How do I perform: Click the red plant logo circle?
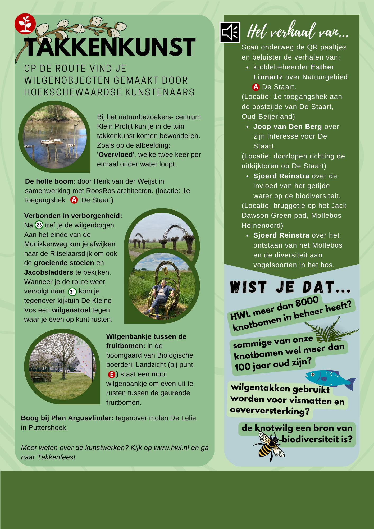pos(25,24)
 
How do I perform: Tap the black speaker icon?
pos(230,32)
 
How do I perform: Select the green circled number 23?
pos(39,225)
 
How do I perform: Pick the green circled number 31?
pos(72,292)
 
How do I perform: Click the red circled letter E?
pos(112,375)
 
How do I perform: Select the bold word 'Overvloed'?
pos(116,155)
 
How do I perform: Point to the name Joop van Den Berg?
pos(288,127)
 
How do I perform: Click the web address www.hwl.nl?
pos(171,448)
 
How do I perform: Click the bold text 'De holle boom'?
pos(49,181)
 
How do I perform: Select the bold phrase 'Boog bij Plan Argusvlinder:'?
pos(67,418)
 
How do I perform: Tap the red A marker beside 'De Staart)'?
pos(74,200)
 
